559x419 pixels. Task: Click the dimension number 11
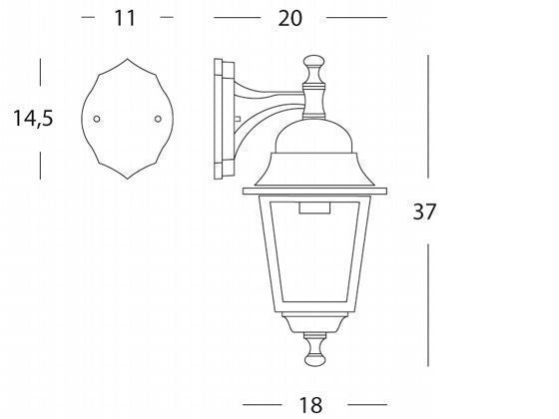(125, 18)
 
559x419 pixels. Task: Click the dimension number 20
(289, 18)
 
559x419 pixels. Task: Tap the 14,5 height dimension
(33, 119)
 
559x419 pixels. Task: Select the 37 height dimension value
(424, 211)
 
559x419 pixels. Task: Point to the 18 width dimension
(310, 405)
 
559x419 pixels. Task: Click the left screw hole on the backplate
(97, 119)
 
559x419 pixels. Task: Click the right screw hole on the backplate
(158, 119)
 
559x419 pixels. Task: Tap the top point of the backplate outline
(128, 59)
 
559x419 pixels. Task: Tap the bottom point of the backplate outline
(128, 179)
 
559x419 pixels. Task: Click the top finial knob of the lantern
(313, 61)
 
